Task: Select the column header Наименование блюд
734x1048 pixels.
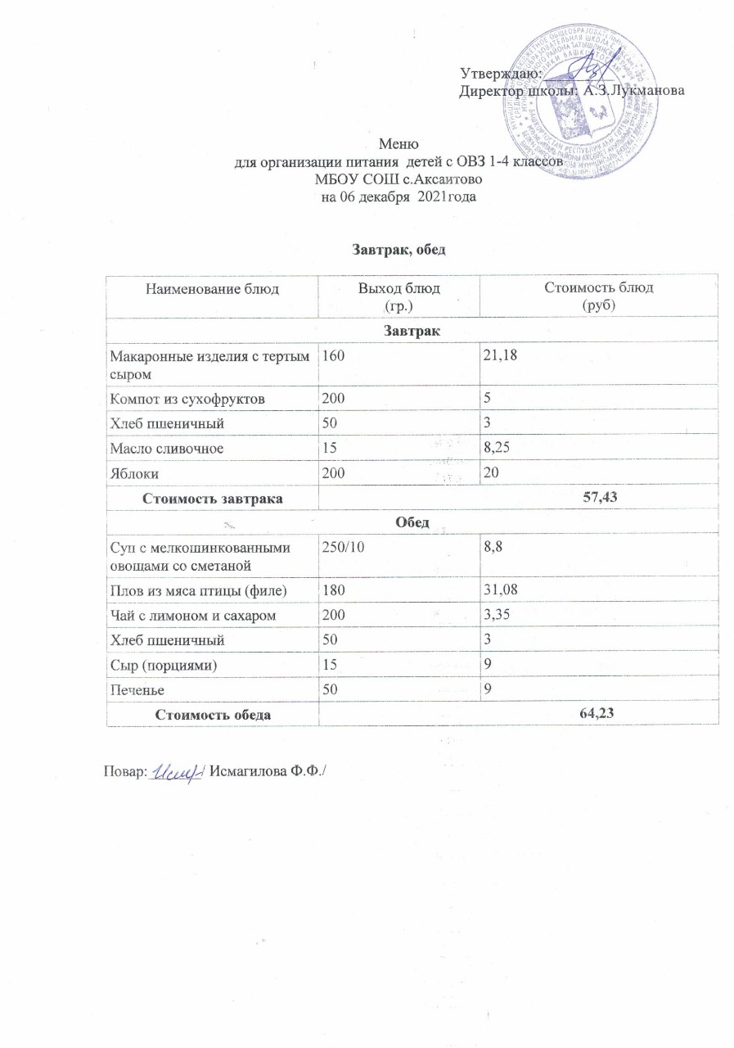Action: coord(212,289)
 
